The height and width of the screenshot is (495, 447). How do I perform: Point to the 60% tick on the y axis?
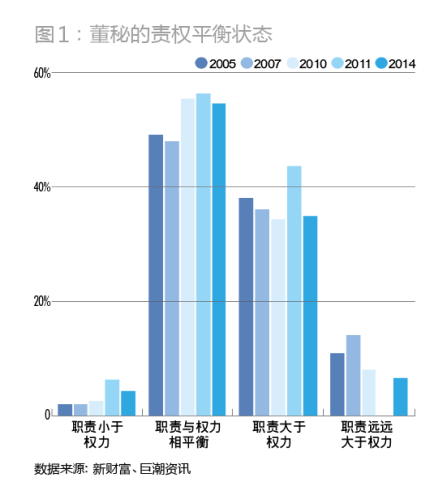click(x=41, y=73)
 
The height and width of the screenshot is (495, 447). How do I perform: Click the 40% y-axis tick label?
click(x=41, y=186)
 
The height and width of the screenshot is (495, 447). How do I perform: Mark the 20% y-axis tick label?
click(x=41, y=301)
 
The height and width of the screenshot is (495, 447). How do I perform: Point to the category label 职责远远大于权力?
click(x=368, y=433)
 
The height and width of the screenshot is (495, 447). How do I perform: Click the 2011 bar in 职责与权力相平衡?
click(x=203, y=254)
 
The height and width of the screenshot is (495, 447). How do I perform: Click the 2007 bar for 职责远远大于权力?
click(x=353, y=375)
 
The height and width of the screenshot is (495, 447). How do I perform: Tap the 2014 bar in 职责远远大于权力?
click(x=400, y=396)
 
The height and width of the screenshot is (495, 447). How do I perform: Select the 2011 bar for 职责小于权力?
click(x=112, y=397)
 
